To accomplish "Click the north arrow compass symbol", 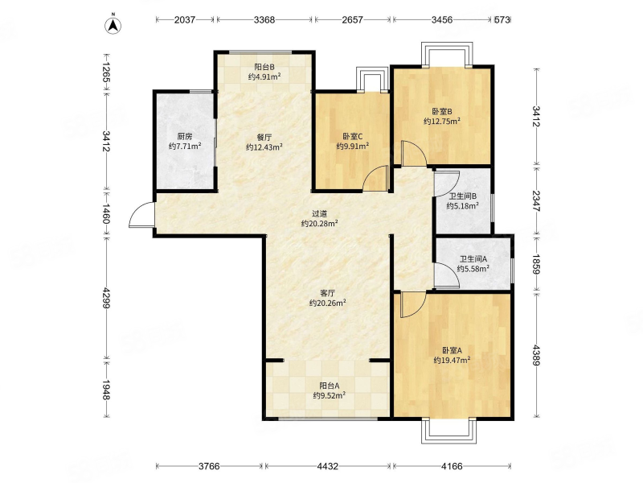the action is [113, 25].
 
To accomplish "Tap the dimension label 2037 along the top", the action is [185, 19].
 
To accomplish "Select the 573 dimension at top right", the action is [502, 19].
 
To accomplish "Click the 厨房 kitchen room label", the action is [185, 136].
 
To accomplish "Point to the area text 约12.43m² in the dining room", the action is [264, 147].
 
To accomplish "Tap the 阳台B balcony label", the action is [264, 67].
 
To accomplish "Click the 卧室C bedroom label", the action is [353, 136].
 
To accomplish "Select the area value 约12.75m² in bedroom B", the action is [441, 122].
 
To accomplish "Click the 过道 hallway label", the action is [319, 213].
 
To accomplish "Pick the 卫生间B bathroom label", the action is [463, 196].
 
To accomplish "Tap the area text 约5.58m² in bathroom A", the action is [473, 269].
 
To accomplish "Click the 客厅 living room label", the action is [328, 293].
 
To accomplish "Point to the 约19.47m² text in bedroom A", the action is [452, 360].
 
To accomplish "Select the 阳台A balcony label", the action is [330, 386].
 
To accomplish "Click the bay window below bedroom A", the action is [449, 431].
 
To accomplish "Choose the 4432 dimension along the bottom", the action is [328, 466].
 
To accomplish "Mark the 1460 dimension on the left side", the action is [105, 213].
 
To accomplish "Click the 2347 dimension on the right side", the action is [536, 200].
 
